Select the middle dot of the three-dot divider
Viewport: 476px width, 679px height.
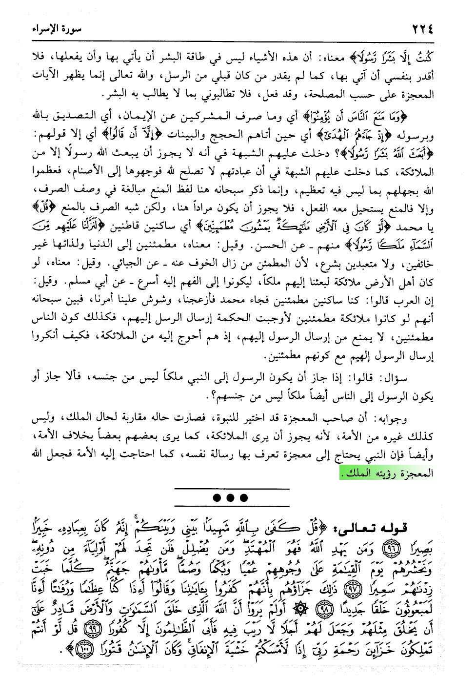pos(231,498)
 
